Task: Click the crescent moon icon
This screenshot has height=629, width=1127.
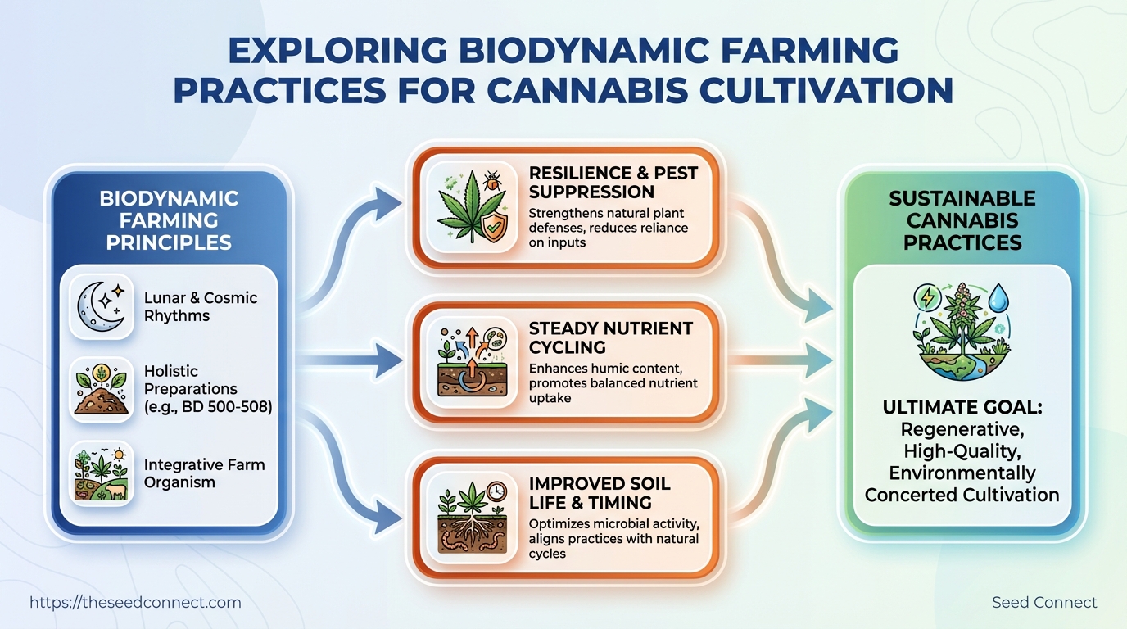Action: click(x=101, y=307)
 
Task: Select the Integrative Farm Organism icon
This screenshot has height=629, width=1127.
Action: click(x=102, y=473)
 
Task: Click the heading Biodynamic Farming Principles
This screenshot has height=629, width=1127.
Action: click(x=169, y=220)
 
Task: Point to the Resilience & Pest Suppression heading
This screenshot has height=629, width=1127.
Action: click(x=613, y=182)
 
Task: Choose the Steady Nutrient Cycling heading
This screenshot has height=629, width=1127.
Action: click(x=610, y=337)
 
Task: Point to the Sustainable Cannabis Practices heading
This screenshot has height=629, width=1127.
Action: click(x=962, y=220)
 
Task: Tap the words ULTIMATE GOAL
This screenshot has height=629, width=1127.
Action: click(x=962, y=408)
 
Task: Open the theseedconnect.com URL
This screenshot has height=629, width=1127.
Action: click(x=135, y=603)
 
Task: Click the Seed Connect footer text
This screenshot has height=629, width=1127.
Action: click(x=1043, y=603)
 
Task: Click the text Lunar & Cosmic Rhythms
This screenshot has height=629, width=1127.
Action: click(x=201, y=307)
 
